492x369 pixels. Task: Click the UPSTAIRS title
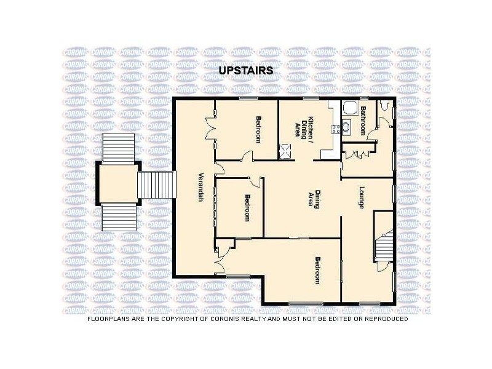click(x=245, y=70)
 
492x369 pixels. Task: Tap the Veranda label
click(x=201, y=187)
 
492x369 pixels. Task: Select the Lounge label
click(x=362, y=197)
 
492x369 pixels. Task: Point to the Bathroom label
click(x=363, y=121)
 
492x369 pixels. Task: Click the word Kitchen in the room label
click(x=311, y=128)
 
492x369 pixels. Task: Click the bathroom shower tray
click(x=350, y=108)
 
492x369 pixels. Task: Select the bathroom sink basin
click(x=346, y=127)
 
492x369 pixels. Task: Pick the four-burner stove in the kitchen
click(x=336, y=129)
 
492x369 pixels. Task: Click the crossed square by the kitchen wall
click(x=285, y=151)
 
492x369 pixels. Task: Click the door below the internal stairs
click(x=383, y=266)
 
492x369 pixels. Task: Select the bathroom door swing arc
click(x=372, y=133)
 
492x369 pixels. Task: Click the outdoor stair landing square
click(x=118, y=183)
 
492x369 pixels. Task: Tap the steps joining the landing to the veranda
click(x=156, y=184)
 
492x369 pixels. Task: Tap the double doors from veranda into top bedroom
click(x=210, y=128)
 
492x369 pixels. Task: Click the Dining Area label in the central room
click(x=314, y=199)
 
